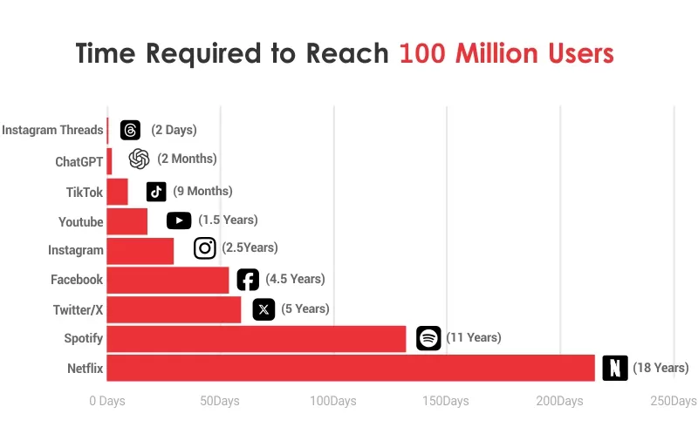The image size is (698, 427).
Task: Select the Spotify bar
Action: [x=257, y=338]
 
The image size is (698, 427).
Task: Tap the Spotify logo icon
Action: [x=428, y=338]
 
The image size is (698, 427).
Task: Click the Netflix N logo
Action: [x=615, y=368]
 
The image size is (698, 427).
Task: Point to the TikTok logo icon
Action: [x=156, y=192]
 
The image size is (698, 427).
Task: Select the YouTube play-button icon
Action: [x=179, y=220]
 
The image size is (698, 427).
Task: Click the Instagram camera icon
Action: [x=205, y=249]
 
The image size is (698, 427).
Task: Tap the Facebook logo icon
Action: [x=248, y=279]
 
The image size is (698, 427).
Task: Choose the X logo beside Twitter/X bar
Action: [x=263, y=308]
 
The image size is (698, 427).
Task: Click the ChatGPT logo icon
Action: [x=139, y=159]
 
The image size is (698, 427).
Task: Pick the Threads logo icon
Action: [x=130, y=130]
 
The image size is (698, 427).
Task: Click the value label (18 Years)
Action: [x=660, y=368]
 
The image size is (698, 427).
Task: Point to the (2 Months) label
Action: [x=187, y=159]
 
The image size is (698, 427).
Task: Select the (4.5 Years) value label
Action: [x=295, y=279]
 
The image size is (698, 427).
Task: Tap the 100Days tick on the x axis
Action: [x=333, y=401]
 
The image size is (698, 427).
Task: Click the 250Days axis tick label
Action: [x=674, y=401]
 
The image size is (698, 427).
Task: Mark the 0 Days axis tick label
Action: [x=107, y=401]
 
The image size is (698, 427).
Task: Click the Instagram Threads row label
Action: [x=52, y=130]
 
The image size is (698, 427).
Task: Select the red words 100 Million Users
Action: [x=507, y=53]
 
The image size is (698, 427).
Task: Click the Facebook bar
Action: [x=168, y=280]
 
